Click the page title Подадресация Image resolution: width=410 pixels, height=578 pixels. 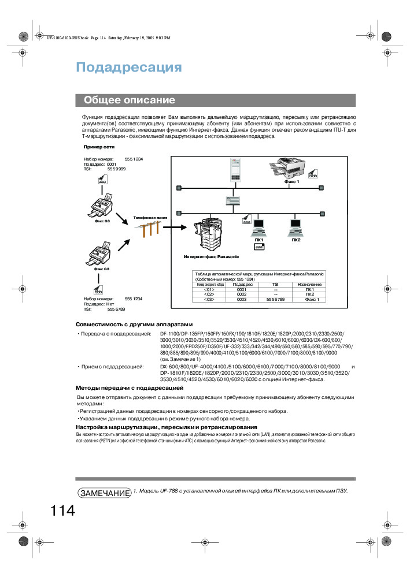pos(129,68)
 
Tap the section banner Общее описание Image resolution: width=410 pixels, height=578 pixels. pos(130,100)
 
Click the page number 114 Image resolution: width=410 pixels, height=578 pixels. pos(62,511)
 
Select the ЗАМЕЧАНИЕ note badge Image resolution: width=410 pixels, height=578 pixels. pos(104,493)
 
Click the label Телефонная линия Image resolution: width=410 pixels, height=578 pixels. pos(150,218)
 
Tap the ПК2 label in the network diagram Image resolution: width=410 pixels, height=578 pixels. pos(296,240)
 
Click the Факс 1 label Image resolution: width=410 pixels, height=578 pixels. pos(291,181)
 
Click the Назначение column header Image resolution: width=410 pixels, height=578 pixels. pos(309,285)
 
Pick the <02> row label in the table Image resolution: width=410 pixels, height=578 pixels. pos(209,294)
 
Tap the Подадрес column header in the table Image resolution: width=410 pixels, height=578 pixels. pos(242,285)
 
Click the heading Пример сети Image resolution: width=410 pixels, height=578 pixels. pos(99,147)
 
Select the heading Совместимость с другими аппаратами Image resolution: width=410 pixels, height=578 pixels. pos(134,325)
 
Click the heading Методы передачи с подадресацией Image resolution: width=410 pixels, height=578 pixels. pos(130,387)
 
